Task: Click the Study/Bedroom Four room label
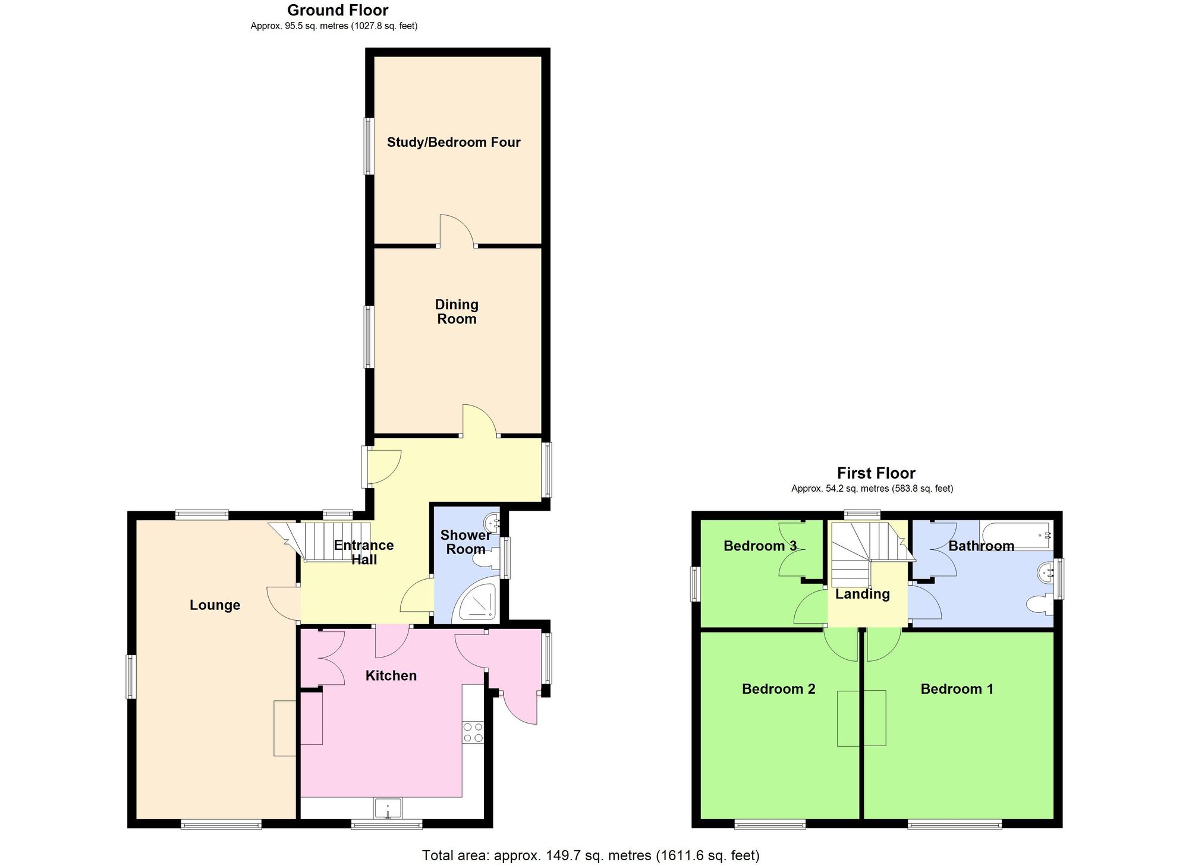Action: click(x=454, y=142)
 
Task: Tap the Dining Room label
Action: click(x=457, y=312)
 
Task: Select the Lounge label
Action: click(x=215, y=605)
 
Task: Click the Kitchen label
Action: click(x=391, y=675)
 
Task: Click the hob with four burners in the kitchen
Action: click(x=473, y=732)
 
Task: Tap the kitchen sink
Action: click(x=388, y=809)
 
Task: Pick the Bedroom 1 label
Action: click(x=957, y=689)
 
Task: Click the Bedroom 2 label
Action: click(x=778, y=689)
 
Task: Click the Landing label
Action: click(x=862, y=594)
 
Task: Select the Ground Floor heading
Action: click(x=338, y=10)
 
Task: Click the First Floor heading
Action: click(x=876, y=473)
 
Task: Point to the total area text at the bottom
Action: click(x=590, y=855)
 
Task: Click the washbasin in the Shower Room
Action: click(x=493, y=524)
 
